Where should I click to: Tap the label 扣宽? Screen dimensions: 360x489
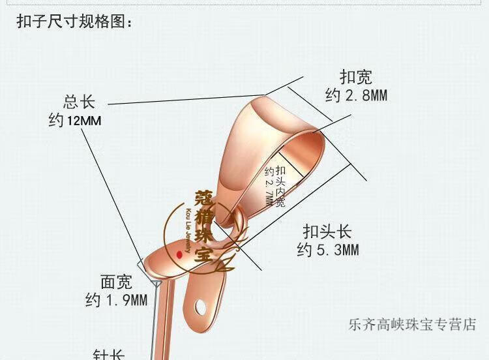click(x=355, y=77)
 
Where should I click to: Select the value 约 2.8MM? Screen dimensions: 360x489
click(x=356, y=96)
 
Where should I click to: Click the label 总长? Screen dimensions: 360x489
click(x=79, y=102)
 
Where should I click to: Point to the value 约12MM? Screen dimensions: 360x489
click(x=75, y=121)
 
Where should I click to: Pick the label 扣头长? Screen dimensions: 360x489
click(x=327, y=231)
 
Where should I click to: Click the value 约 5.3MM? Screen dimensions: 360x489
click(x=328, y=250)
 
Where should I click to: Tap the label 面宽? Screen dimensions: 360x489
click(x=117, y=282)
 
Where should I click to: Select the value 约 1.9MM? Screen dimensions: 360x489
click(x=116, y=301)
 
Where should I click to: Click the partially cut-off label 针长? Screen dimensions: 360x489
click(x=108, y=354)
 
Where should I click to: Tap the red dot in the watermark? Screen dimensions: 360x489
click(x=179, y=255)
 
